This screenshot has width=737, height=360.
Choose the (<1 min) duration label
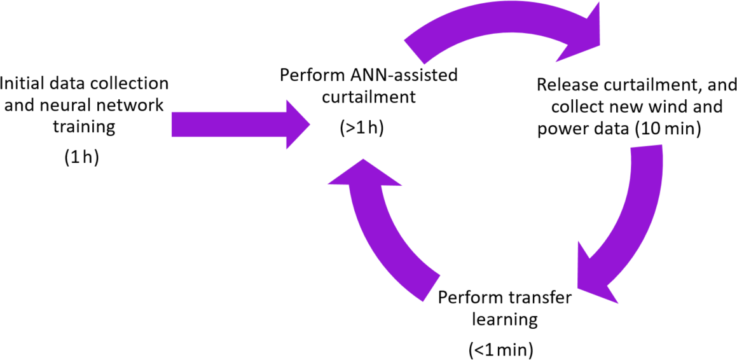pyautogui.click(x=502, y=349)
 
